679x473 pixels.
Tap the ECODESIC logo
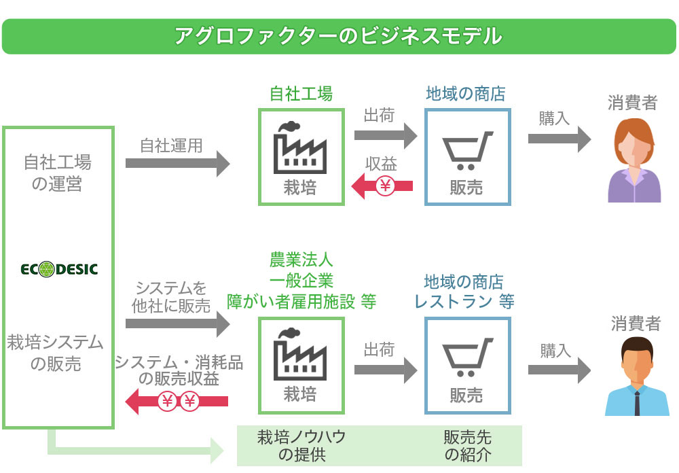(x=58, y=270)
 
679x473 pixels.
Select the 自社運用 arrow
(x=178, y=164)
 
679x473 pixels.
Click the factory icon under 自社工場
(x=300, y=145)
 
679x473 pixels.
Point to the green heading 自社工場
(x=301, y=94)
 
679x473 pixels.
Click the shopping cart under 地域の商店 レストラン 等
(x=466, y=357)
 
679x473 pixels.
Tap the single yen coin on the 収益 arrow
(x=385, y=186)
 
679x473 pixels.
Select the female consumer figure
(x=634, y=161)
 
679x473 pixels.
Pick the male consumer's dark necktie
(x=637, y=400)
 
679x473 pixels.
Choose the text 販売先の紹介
(x=468, y=446)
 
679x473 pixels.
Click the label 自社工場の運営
(x=57, y=173)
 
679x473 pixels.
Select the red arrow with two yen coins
(x=177, y=402)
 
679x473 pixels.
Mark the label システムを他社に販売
(x=170, y=297)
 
